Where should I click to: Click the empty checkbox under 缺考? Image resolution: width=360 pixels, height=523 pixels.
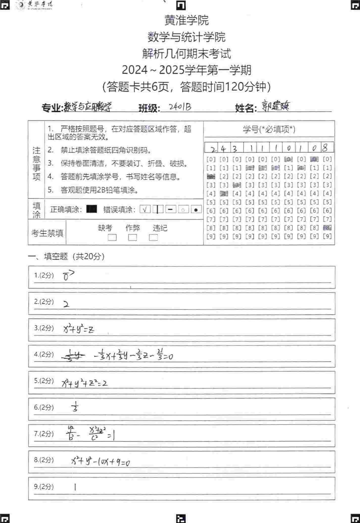coord(112,238)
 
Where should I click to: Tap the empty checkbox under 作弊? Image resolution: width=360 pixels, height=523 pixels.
coord(133,238)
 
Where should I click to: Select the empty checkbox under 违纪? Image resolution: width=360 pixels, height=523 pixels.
coord(153,238)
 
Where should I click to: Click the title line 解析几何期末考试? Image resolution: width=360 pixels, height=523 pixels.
coord(186,54)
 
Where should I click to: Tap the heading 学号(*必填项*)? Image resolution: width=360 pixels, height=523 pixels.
coord(269,129)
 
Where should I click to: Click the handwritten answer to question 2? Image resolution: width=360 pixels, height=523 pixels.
coord(66,305)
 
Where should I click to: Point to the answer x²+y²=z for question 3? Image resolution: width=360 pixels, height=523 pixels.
coord(79,329)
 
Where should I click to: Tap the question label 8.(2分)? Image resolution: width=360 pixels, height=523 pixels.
coord(44,460)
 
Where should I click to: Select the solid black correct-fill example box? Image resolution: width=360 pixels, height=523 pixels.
coord(91,209)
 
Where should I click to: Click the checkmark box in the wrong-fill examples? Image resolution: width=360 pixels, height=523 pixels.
coord(145,209)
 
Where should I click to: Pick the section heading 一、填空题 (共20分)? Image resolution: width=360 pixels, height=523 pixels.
coord(66,256)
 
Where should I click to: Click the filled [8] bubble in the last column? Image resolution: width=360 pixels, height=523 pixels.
coord(327,228)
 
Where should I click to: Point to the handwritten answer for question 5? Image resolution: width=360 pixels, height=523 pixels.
coord(85,383)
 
